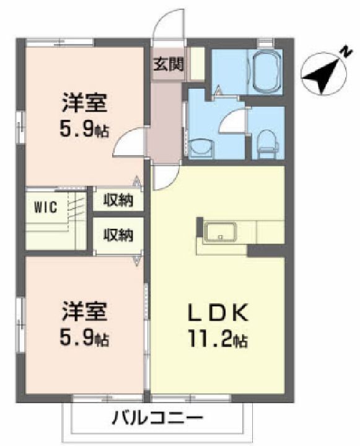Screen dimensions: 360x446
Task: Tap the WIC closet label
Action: point(46,207)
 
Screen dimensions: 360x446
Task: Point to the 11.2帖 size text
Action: point(217,340)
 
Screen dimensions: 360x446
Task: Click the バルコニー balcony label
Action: point(157,418)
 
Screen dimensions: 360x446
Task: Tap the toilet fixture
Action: point(267,144)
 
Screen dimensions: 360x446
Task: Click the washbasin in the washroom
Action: point(201,148)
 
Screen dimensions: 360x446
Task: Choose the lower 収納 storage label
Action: point(118,236)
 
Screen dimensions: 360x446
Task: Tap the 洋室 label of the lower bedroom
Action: point(85,311)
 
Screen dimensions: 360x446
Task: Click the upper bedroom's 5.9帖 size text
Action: point(84,130)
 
